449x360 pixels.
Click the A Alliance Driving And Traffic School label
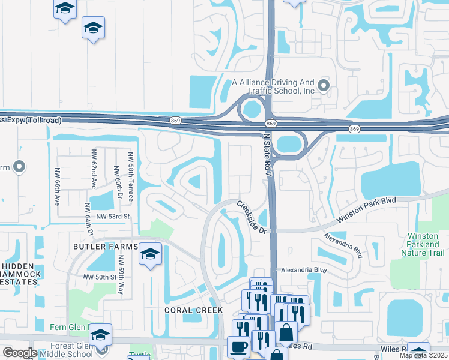274,86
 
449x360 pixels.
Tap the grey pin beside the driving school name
324,86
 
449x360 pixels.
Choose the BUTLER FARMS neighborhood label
105,247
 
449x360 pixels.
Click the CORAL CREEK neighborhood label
194,310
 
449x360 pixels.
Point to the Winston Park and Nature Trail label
423,244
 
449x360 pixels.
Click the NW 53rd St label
107,217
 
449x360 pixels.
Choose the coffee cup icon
238,347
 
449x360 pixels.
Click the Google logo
20,353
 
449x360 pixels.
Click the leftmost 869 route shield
175,121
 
